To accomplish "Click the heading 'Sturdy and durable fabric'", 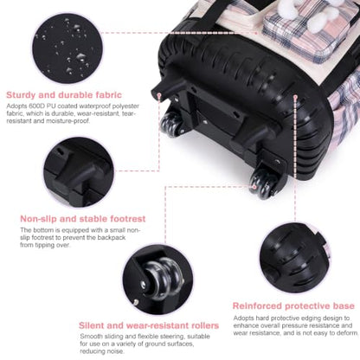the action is coord(64,95).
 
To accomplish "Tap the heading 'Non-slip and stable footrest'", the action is coord(83,219).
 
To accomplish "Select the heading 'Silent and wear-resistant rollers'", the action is coord(149,325).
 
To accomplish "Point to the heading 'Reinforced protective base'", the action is coord(293,305).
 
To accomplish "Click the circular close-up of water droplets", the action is coord(67,48).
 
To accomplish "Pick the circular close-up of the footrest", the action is coord(79,172).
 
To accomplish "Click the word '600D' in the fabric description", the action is coord(36,106).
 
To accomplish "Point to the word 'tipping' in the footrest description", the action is coord(44,245).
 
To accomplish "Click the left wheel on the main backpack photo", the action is coord(171,125).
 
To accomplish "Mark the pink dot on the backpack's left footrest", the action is coord(159,94).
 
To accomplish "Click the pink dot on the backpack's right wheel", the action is coord(254,187).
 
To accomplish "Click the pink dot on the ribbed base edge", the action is coord(295,97).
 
